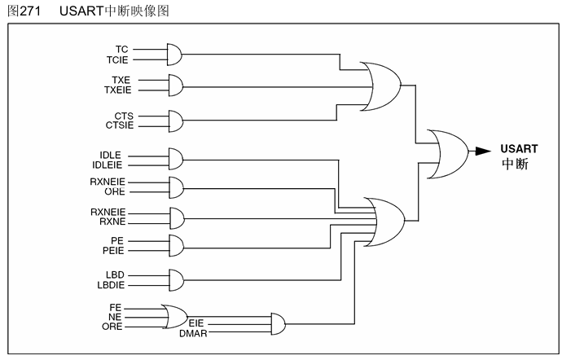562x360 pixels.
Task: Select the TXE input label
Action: click(121, 79)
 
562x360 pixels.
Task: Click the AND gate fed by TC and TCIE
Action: click(173, 54)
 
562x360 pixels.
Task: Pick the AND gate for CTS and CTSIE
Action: click(173, 121)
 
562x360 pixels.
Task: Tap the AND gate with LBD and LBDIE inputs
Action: click(173, 279)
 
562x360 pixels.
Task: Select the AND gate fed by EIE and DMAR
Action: click(276, 323)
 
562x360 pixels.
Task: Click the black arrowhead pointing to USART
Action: click(482, 151)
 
